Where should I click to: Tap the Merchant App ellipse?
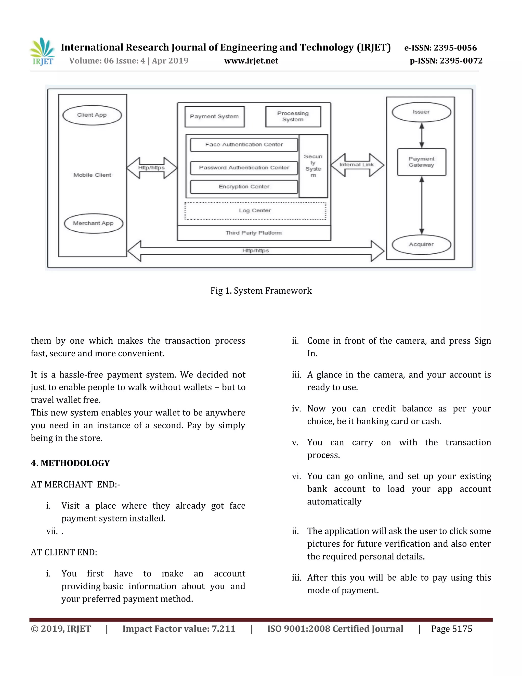pyautogui.click(x=93, y=223)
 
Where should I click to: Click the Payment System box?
pyautogui.click(x=214, y=117)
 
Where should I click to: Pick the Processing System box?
pyautogui.click(x=293, y=117)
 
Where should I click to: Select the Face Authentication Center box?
pyautogui.click(x=244, y=145)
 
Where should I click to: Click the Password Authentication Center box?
pyautogui.click(x=244, y=168)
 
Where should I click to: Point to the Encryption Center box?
pyautogui.click(x=244, y=187)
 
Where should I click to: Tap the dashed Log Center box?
pyautogui.click(x=255, y=211)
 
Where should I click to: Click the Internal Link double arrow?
pyautogui.click(x=357, y=165)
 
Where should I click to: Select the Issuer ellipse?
pyautogui.click(x=421, y=112)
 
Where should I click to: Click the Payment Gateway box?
pyautogui.click(x=422, y=162)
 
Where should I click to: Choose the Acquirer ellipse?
pyautogui.click(x=421, y=245)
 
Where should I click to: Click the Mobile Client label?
pyautogui.click(x=92, y=175)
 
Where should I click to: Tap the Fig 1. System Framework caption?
pyautogui.click(x=261, y=291)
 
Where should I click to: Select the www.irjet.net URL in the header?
pyautogui.click(x=251, y=61)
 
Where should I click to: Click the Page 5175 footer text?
pyautogui.click(x=451, y=629)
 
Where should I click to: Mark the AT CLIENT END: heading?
pyautogui.click(x=64, y=552)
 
